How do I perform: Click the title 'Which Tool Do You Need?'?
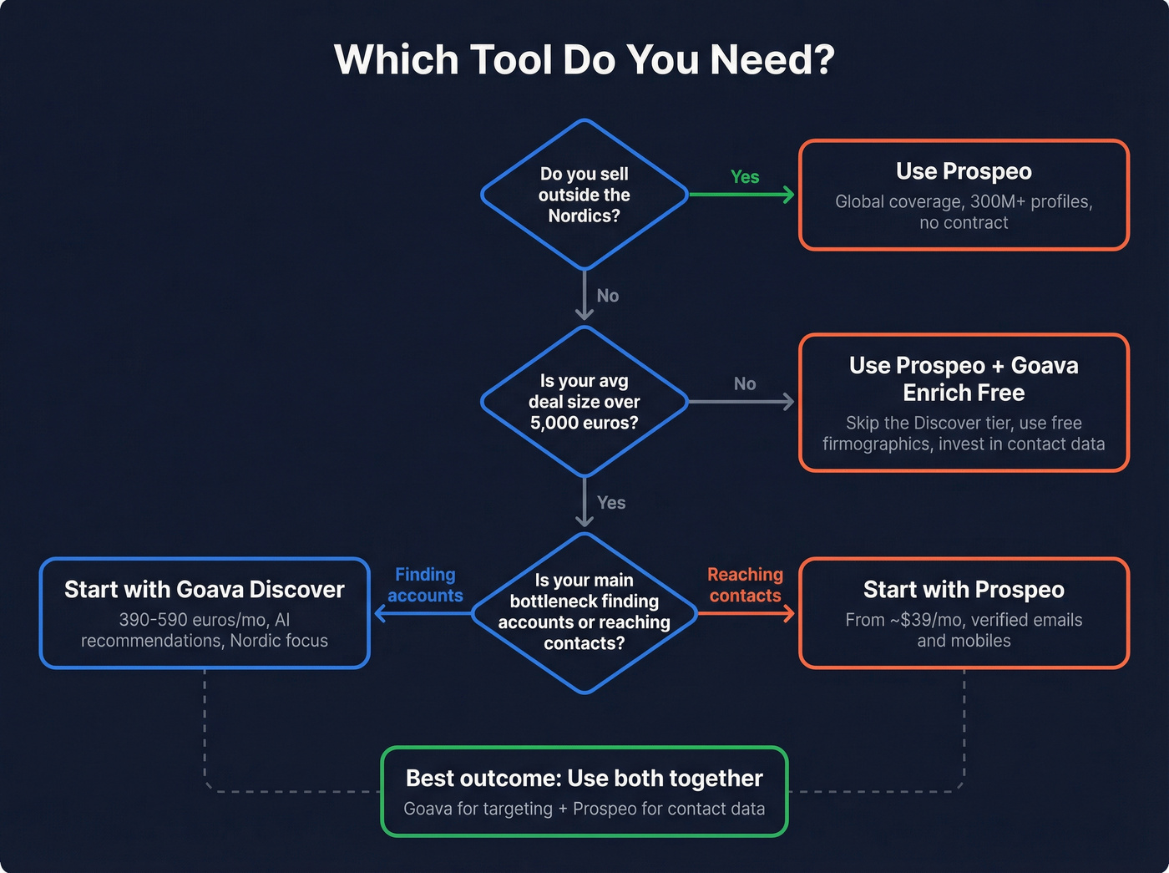tap(584, 60)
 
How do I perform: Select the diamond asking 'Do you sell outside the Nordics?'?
tap(584, 195)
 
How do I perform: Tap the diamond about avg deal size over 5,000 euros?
tap(584, 402)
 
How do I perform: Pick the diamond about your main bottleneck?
tap(584, 612)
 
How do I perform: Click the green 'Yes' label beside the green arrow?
tap(745, 177)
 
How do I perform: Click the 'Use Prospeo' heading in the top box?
tap(964, 171)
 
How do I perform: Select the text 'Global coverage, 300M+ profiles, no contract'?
tap(964, 212)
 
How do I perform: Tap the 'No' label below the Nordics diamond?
tap(608, 296)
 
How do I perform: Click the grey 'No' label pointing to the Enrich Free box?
tap(745, 383)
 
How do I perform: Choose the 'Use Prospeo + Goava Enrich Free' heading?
tap(964, 379)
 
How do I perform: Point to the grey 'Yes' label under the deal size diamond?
tap(611, 503)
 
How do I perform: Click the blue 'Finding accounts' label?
tap(425, 585)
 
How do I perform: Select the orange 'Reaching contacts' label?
tap(745, 585)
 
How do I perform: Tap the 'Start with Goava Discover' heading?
tap(205, 590)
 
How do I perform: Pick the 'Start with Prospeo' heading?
tap(964, 590)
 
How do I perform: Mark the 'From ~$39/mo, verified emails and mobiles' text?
tap(964, 631)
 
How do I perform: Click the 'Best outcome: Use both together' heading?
tap(584, 779)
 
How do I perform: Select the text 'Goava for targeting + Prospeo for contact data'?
tap(584, 809)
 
